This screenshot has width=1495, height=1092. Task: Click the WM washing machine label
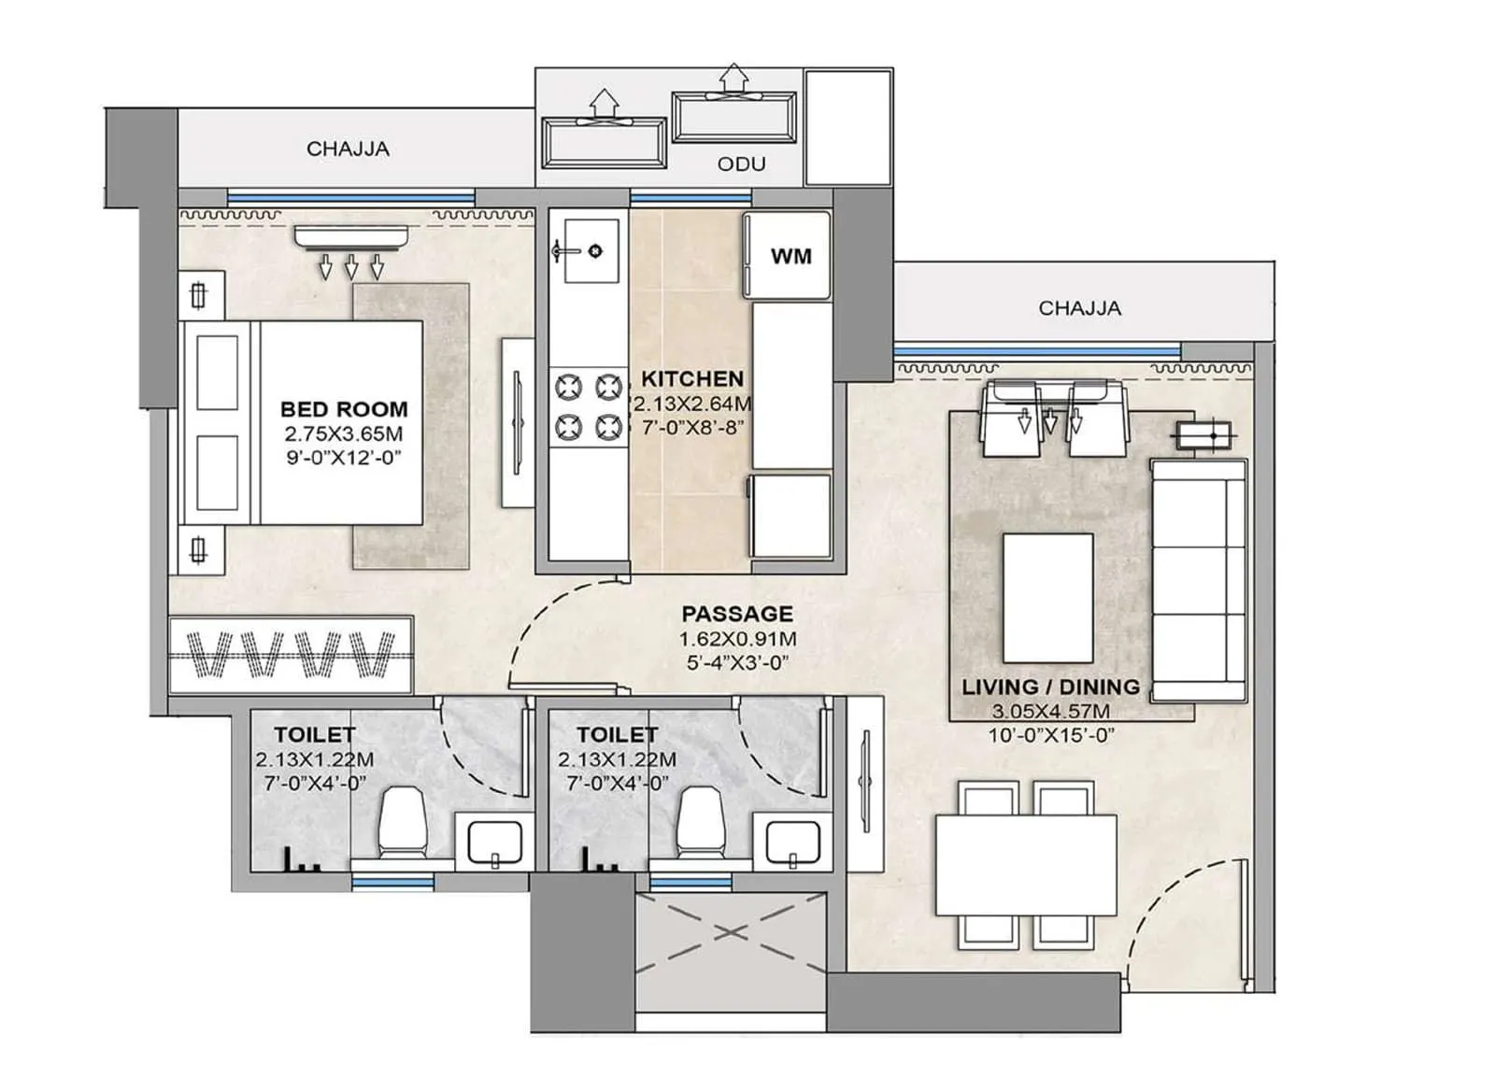(x=790, y=256)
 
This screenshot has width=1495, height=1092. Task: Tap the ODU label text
(x=741, y=164)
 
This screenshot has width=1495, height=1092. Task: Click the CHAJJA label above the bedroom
(x=348, y=149)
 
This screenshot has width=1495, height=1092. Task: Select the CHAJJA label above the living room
(x=1079, y=308)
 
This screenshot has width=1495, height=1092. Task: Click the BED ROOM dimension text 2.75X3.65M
(x=344, y=433)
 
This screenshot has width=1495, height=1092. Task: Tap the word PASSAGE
(x=737, y=614)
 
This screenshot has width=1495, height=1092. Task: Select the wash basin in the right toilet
(x=793, y=841)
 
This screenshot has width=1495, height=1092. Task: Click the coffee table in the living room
(x=1047, y=598)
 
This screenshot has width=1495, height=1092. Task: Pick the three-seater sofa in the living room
(x=1199, y=579)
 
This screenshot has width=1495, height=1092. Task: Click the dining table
(x=1026, y=865)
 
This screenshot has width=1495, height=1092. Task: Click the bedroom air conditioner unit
(x=351, y=238)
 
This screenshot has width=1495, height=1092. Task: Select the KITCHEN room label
(x=692, y=378)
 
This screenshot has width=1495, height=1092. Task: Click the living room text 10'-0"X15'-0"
(x=1051, y=735)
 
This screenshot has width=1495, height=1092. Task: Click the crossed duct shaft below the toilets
(x=731, y=934)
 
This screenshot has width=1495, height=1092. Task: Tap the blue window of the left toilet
(x=392, y=881)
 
